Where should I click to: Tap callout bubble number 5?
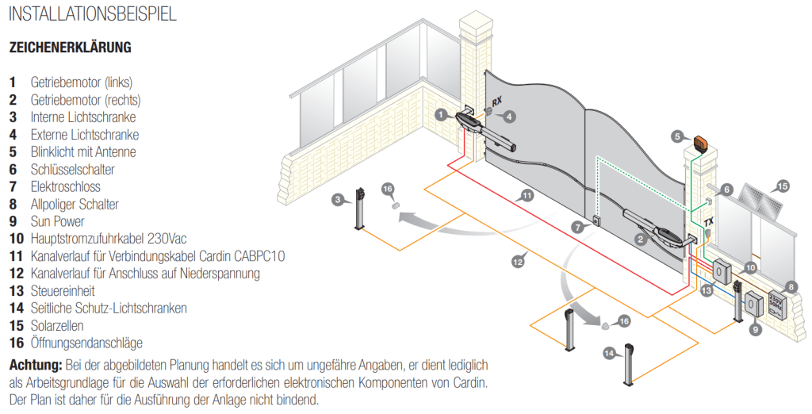[677, 136]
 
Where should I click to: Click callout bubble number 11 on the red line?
[527, 196]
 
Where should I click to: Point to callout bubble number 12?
[517, 262]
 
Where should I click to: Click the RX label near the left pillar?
[496, 101]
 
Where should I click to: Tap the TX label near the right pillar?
[708, 221]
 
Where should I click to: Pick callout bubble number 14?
[610, 354]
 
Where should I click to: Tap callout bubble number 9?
[754, 328]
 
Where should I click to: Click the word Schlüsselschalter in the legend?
[72, 170]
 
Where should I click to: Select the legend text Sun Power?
[57, 221]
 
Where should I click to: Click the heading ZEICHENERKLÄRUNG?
[71, 48]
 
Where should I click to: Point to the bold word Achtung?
[36, 365]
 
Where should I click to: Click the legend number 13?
[17, 291]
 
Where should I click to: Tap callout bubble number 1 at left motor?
[441, 114]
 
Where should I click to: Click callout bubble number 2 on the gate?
[641, 239]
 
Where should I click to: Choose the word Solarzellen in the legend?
[57, 325]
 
